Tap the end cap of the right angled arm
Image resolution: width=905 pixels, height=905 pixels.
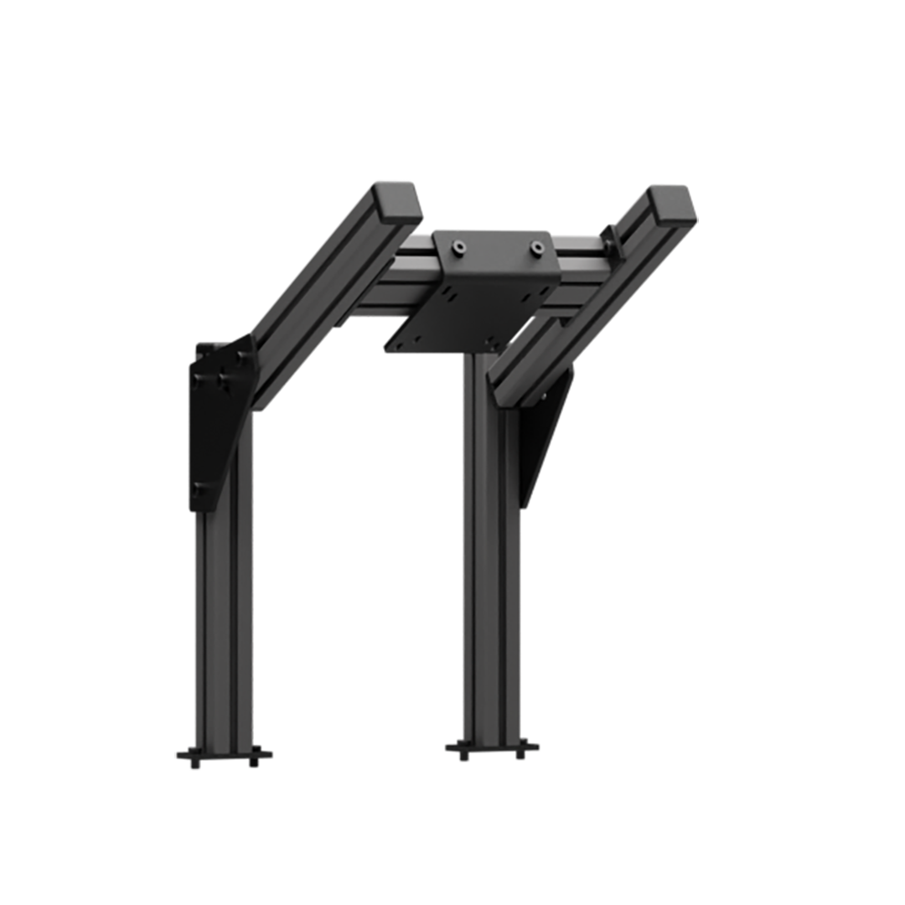point(673,204)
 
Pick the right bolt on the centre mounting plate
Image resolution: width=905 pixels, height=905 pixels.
point(536,247)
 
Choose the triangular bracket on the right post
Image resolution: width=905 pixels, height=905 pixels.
point(540,436)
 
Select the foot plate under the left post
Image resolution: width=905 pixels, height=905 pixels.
point(223,754)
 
